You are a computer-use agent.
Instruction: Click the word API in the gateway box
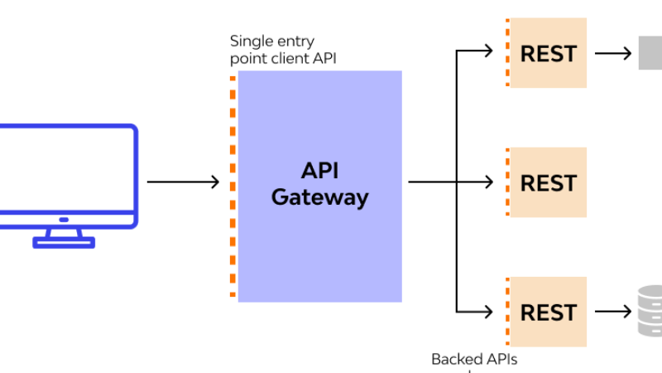click(x=319, y=170)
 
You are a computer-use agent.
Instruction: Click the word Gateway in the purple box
click(x=319, y=197)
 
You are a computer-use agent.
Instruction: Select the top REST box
click(x=548, y=53)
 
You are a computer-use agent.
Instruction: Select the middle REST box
click(x=548, y=182)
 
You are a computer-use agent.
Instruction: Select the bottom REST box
click(x=548, y=312)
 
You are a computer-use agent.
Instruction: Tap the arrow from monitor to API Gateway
click(x=183, y=182)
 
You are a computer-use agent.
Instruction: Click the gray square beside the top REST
click(x=650, y=53)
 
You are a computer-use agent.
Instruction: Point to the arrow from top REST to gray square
click(x=612, y=53)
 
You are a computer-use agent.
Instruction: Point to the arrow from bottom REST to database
click(x=612, y=312)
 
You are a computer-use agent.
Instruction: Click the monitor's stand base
click(x=64, y=242)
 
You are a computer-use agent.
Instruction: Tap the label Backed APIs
click(x=474, y=359)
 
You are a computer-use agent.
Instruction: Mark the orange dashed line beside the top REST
click(x=506, y=53)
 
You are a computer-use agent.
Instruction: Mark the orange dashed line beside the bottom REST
click(x=506, y=312)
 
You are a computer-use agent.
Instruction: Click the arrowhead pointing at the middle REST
click(x=495, y=182)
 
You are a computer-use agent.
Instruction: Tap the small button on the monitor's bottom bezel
click(x=64, y=220)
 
